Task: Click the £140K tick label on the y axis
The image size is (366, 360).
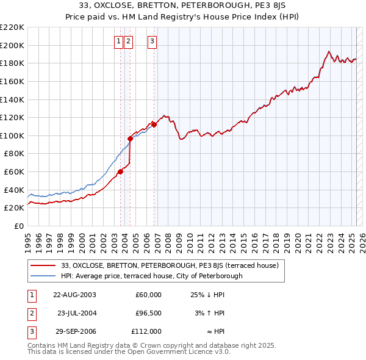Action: [13, 99]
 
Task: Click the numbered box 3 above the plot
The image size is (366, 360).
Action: [152, 41]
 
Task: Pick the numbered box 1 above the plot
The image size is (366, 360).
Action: [118, 41]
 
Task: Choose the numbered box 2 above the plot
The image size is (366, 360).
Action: [128, 41]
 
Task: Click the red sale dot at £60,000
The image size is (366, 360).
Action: [121, 171]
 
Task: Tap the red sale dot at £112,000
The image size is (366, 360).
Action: [154, 124]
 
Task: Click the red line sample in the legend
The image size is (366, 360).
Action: [44, 265]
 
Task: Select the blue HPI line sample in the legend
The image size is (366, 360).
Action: [44, 276]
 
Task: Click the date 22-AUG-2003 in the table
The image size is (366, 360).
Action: [74, 295]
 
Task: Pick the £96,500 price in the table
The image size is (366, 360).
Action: [148, 313]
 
